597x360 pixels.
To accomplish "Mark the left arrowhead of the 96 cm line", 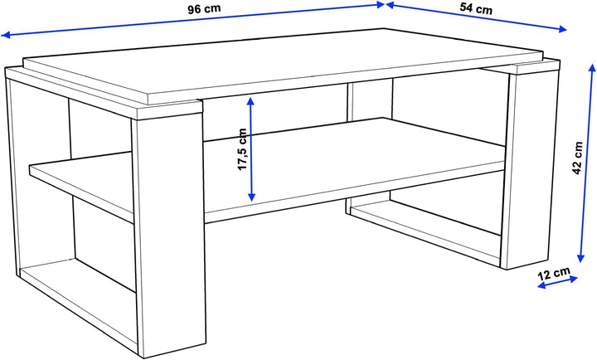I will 5,35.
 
